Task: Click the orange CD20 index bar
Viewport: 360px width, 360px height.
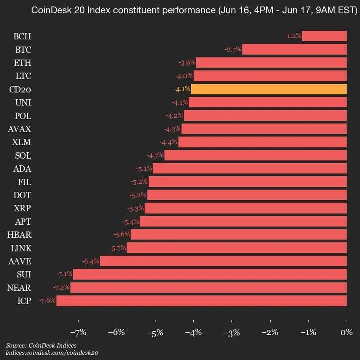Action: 269,89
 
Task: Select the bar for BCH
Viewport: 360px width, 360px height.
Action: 324,36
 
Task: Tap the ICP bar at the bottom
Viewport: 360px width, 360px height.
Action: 201,301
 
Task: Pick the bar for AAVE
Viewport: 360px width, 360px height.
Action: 223,261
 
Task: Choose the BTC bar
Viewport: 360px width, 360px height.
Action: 294,49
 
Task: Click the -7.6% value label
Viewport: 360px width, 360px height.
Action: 47,301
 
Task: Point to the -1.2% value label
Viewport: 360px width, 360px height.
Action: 293,36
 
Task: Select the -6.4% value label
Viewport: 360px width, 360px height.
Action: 91,261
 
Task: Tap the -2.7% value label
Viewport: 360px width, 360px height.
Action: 233,49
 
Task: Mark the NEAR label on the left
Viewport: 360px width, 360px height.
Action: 19,287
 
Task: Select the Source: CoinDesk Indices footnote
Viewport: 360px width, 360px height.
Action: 38,345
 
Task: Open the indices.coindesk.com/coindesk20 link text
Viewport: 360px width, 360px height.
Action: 52,353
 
